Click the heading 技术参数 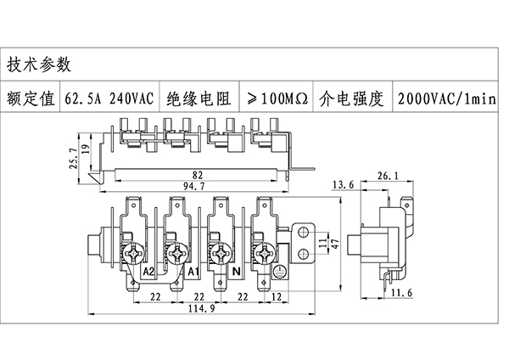pos(39,65)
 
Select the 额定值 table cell pos(31,98)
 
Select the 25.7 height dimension pos(73,158)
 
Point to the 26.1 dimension pos(386,176)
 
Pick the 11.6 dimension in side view pos(403,293)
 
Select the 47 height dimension pos(336,245)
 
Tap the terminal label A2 pos(148,272)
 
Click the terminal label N pos(237,272)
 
